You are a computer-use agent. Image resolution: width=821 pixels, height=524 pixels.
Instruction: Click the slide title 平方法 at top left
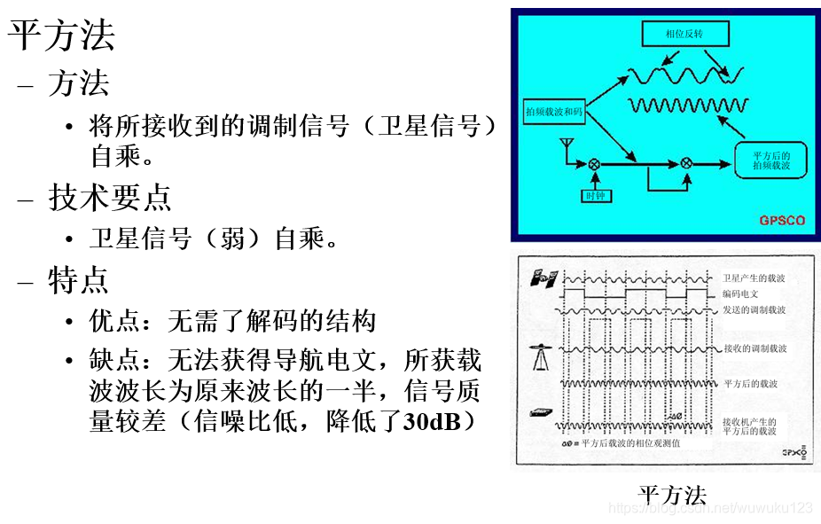click(62, 35)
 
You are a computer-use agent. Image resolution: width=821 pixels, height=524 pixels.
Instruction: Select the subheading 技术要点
click(110, 198)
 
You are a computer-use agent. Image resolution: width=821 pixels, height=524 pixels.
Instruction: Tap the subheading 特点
click(79, 280)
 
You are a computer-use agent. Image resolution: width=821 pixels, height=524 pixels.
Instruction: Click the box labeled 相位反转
click(684, 35)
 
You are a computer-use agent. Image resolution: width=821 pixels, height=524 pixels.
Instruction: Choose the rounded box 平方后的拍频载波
click(770, 160)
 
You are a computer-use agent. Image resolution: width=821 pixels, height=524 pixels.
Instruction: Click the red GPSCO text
click(782, 220)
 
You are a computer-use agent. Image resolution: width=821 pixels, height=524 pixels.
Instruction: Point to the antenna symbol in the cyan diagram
click(564, 145)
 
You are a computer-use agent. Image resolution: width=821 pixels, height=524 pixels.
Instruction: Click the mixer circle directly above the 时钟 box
click(595, 164)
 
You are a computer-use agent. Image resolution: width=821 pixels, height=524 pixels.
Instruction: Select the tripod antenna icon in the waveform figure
click(542, 355)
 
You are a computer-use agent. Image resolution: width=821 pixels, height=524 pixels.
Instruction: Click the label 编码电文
click(741, 293)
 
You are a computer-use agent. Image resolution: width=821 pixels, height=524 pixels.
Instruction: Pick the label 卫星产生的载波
click(754, 278)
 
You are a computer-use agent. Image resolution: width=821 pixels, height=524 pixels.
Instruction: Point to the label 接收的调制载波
click(754, 348)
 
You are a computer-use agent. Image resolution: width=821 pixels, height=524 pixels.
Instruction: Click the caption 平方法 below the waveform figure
click(673, 494)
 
